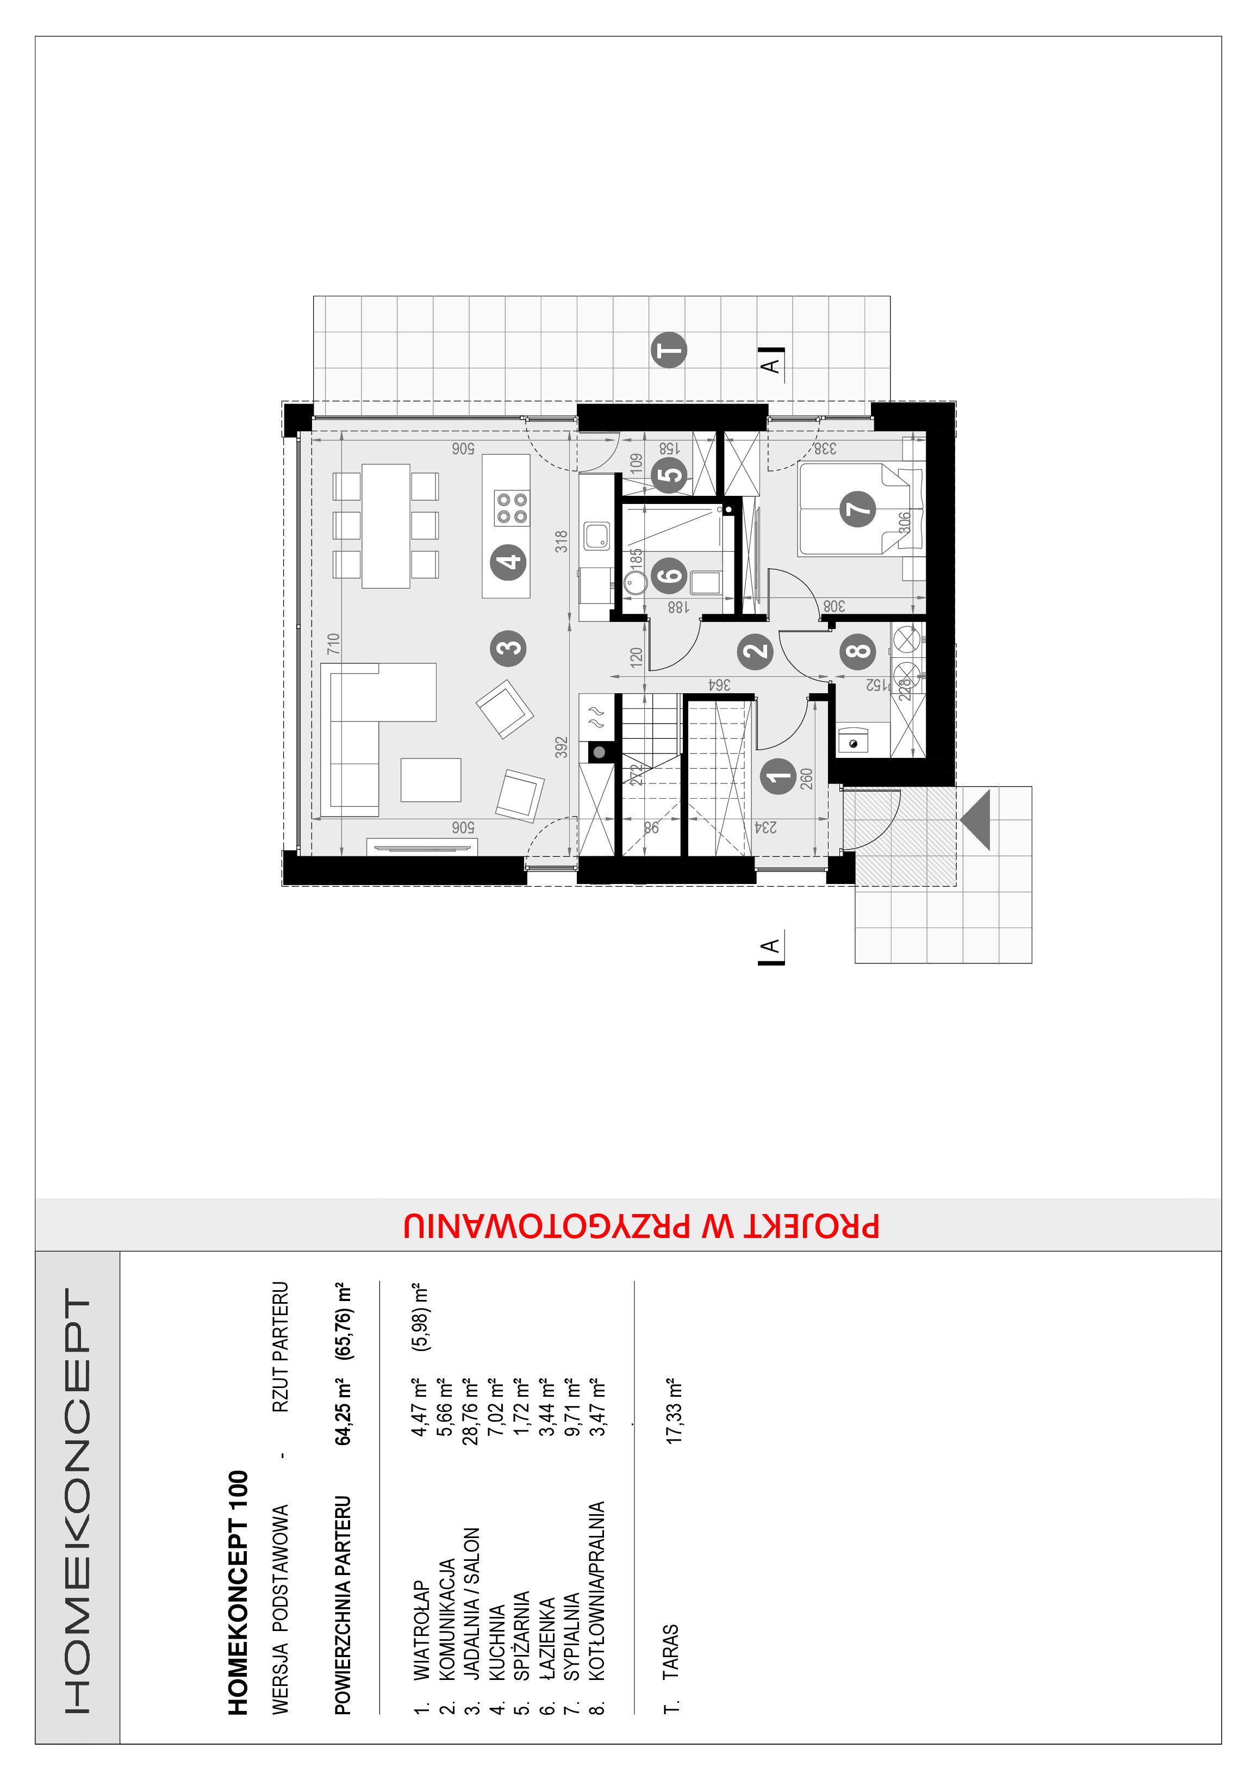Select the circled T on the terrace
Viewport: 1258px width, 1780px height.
(x=668, y=350)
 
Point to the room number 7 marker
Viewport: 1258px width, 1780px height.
(x=858, y=508)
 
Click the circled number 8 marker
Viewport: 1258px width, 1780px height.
(x=858, y=651)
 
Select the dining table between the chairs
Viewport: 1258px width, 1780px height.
(x=386, y=526)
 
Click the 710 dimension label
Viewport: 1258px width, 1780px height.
(x=333, y=644)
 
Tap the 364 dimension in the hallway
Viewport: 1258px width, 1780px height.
(x=719, y=684)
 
